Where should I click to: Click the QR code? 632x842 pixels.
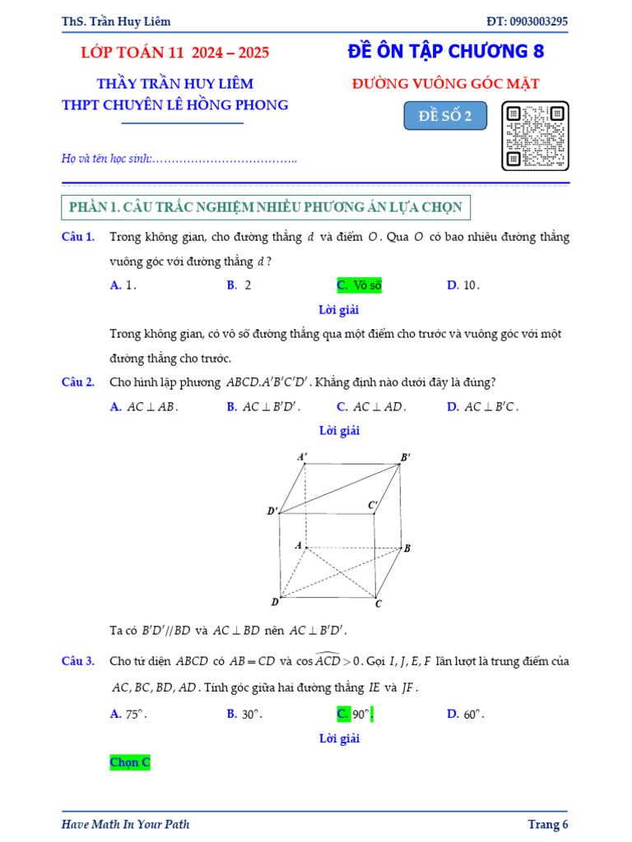tap(536, 136)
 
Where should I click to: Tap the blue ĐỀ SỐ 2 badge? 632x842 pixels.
tap(445, 116)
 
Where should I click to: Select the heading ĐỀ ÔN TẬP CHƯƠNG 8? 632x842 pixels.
tap(446, 51)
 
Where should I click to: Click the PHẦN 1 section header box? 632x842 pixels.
tap(266, 207)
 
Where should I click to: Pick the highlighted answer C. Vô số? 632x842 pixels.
tap(360, 285)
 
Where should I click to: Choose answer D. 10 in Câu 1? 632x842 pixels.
tap(462, 285)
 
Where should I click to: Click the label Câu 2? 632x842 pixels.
tap(78, 382)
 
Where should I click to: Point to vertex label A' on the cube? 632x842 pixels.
tap(302, 456)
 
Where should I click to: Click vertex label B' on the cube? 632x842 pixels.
tap(406, 457)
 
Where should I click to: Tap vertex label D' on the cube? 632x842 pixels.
tap(272, 511)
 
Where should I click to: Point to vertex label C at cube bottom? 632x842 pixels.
tap(379, 604)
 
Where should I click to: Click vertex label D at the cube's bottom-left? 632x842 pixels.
tap(275, 602)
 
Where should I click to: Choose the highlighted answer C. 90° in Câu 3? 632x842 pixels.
tap(355, 714)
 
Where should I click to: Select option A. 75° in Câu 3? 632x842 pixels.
tap(128, 714)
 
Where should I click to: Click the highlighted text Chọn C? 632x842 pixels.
tap(130, 762)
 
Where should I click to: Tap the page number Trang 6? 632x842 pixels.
tap(547, 824)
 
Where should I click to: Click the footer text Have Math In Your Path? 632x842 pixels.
tap(125, 824)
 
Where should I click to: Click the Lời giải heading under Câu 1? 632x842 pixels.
tap(339, 310)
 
